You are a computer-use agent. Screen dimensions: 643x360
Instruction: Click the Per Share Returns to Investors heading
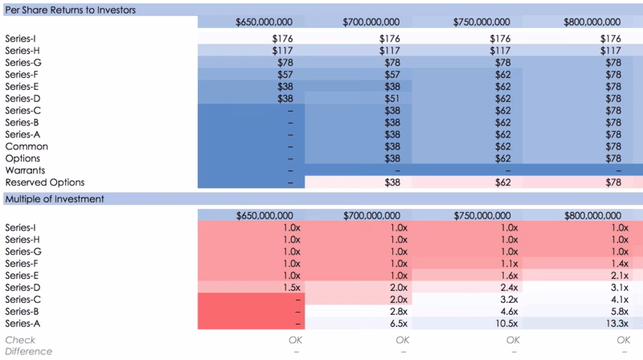70,10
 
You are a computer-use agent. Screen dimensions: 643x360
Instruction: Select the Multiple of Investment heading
55,198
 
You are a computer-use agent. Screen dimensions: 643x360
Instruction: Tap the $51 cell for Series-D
392,98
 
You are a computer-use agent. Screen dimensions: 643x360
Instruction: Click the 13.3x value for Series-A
616,324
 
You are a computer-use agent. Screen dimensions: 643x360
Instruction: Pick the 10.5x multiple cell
506,324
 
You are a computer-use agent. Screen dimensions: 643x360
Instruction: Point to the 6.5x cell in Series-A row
399,324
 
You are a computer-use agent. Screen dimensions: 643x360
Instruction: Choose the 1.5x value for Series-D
292,288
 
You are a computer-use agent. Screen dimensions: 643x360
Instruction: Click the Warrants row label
25,170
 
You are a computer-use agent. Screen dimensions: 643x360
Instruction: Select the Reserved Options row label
45,182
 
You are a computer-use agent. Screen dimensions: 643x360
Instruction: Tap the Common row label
27,146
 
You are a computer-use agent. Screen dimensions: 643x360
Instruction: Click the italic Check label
20,340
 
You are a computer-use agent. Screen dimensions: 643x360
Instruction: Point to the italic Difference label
28,351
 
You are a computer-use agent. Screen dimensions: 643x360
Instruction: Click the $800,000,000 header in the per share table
592,22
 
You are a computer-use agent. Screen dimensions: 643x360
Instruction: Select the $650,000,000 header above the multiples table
264,215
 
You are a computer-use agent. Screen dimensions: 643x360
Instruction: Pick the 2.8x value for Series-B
399,312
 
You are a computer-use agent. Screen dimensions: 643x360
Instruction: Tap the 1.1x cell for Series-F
510,264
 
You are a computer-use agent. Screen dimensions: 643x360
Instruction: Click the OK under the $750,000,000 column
513,340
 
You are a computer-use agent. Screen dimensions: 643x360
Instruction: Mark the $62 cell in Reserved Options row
503,182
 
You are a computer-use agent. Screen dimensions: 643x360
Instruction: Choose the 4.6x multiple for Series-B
509,312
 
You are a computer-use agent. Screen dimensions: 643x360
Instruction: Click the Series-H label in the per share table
23,51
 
